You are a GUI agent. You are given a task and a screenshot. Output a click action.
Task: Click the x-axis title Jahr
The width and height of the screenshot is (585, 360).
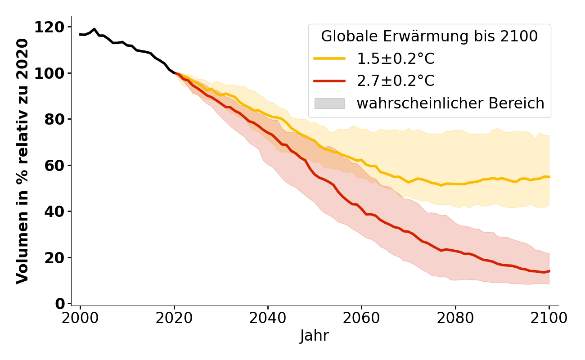pyautogui.click(x=315, y=336)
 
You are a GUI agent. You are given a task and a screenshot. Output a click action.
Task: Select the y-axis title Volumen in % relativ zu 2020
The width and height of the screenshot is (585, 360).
pyautogui.click(x=22, y=161)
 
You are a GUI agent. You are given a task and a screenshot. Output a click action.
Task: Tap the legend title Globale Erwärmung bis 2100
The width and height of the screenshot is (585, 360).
pyautogui.click(x=429, y=36)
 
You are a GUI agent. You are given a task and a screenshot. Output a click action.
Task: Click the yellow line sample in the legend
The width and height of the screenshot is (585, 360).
pyautogui.click(x=329, y=58)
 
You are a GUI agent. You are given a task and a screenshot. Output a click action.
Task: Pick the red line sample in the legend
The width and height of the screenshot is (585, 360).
pyautogui.click(x=329, y=81)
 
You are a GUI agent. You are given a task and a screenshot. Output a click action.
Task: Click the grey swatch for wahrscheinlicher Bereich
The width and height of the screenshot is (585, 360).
pyautogui.click(x=329, y=103)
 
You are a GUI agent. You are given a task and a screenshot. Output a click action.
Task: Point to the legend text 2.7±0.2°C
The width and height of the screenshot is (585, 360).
pyautogui.click(x=396, y=81)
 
